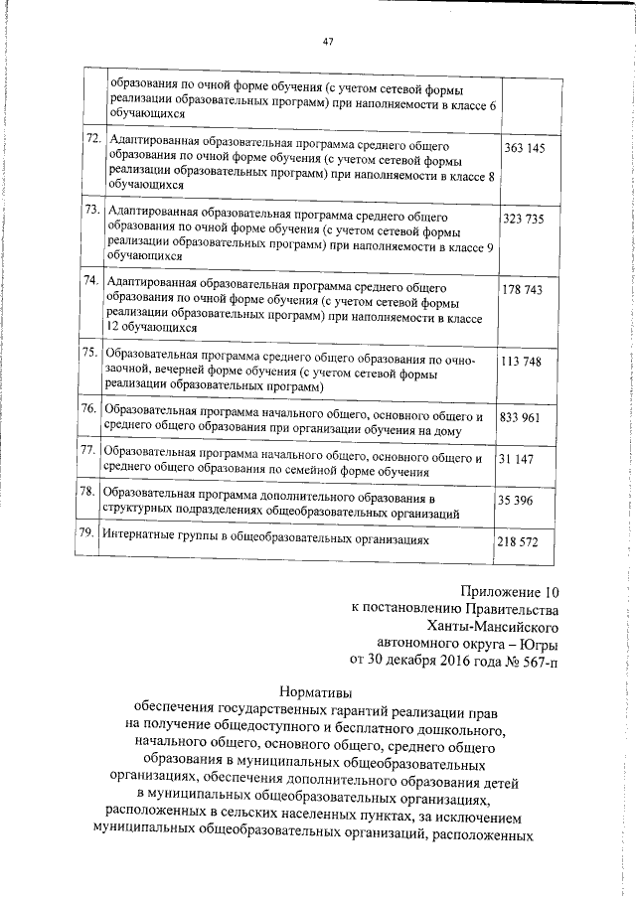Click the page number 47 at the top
click(328, 42)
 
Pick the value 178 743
click(525, 289)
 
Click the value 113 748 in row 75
click(522, 362)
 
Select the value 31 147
click(517, 458)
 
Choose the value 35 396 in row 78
click(517, 500)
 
